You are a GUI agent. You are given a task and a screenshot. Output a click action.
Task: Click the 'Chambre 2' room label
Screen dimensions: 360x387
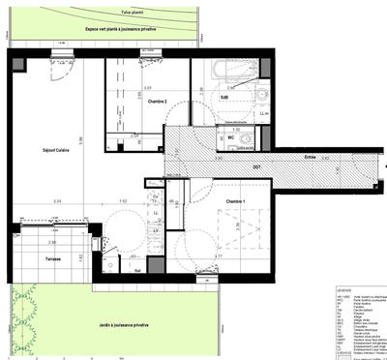143,102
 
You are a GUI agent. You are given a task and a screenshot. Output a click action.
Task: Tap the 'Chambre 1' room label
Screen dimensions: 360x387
237,200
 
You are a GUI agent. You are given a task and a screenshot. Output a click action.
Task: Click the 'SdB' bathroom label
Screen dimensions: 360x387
223,97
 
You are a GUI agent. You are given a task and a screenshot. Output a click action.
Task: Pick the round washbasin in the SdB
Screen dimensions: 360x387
262,93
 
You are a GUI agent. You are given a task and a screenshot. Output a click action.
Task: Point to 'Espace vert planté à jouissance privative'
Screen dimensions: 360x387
121,30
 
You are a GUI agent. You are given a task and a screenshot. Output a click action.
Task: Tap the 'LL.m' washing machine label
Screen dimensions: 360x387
264,113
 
